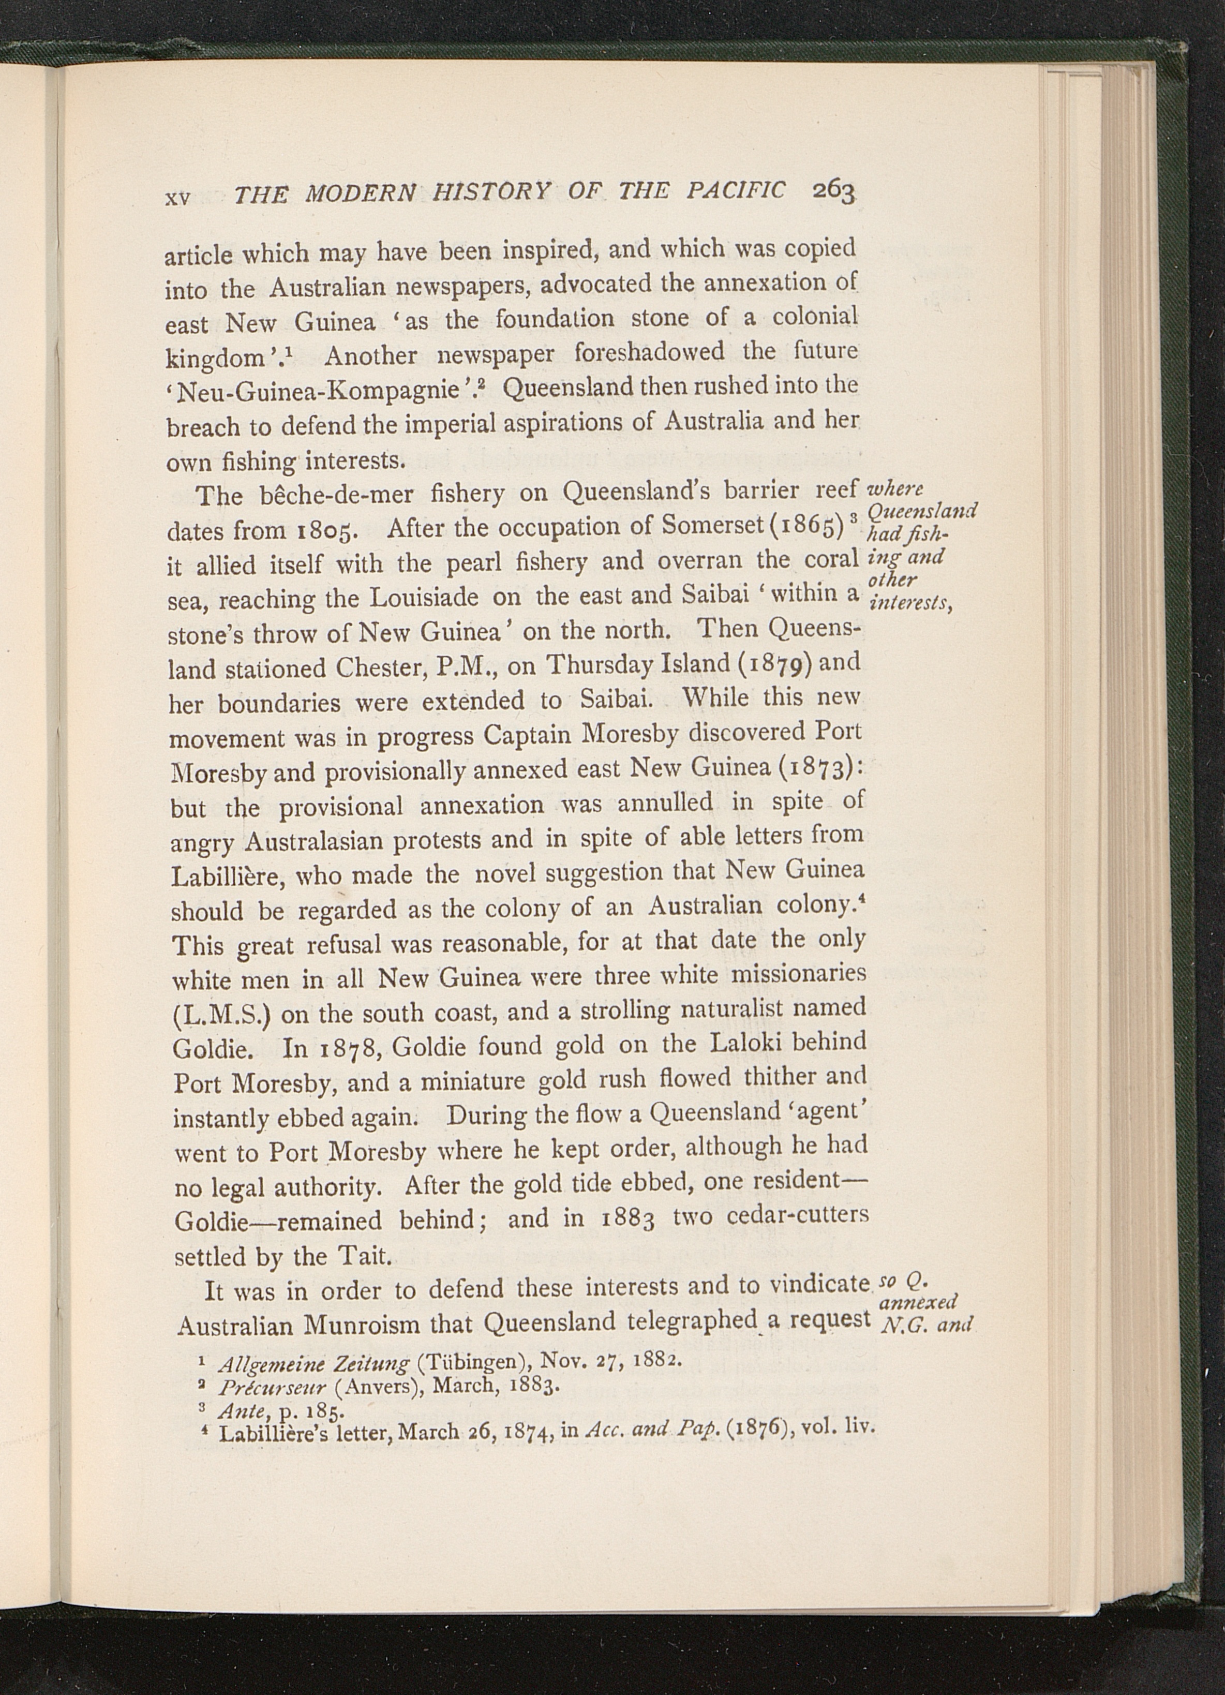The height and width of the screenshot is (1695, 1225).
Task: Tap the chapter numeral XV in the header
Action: [x=178, y=198]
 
